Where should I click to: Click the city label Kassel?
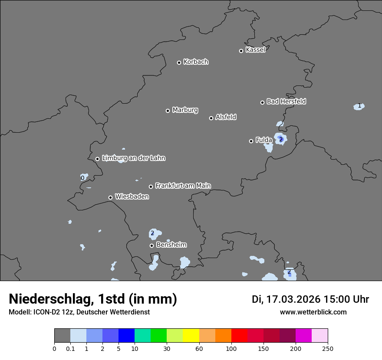255,50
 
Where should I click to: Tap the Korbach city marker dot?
179,62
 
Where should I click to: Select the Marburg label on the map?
185,110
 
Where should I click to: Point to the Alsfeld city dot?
211,118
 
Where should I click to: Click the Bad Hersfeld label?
286,101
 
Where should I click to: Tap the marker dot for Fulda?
251,141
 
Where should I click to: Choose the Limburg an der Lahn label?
133,158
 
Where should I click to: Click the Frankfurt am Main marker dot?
151,187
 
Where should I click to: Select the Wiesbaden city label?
132,197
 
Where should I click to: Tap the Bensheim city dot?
151,245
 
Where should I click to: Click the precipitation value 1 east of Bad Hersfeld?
359,106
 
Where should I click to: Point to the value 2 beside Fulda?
281,139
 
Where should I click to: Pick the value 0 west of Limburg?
82,178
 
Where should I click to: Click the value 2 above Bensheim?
152,233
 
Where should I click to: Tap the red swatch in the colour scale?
239,336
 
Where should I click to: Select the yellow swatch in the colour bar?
191,336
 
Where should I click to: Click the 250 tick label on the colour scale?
328,348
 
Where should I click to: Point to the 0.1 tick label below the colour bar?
70,348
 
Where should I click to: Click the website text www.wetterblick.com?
313,312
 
